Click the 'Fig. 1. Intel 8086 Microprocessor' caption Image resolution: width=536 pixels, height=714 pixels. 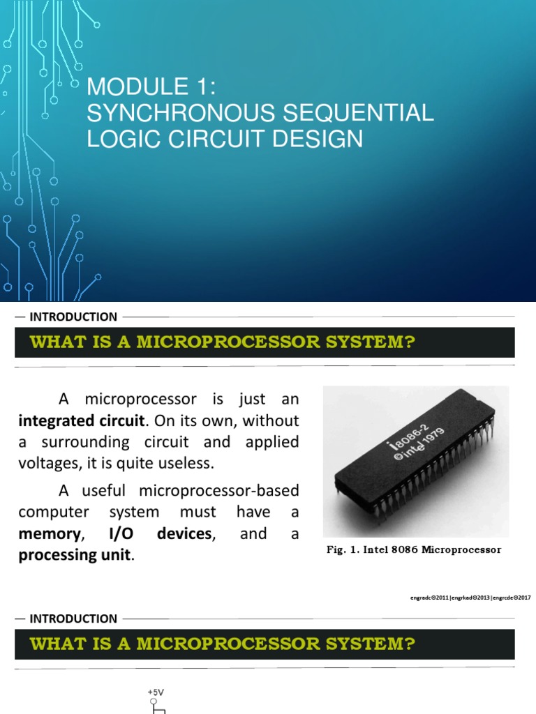(415, 550)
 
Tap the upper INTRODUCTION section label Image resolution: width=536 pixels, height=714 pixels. (73, 317)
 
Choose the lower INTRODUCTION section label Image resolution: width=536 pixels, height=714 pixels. (73, 618)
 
